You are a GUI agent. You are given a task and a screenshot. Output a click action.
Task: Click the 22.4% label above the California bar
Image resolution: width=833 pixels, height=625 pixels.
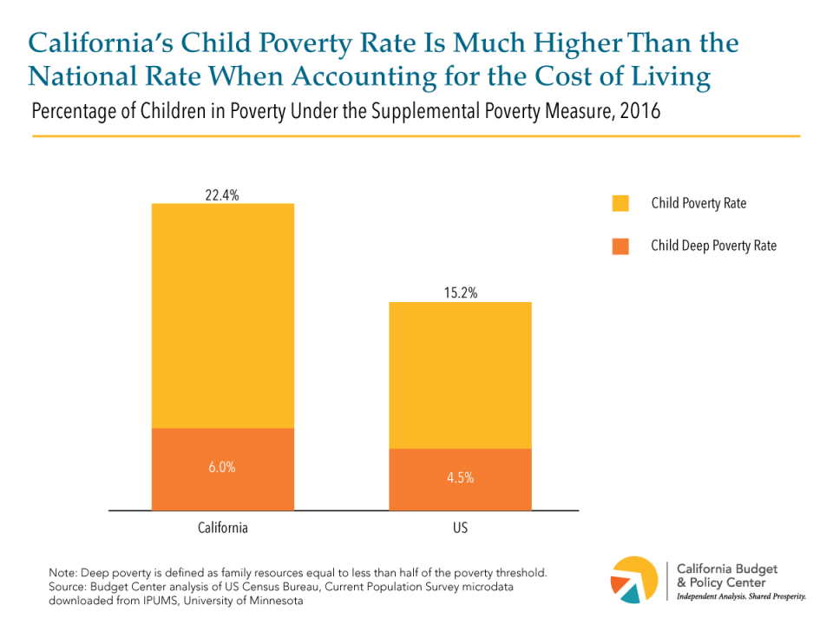[x=223, y=195]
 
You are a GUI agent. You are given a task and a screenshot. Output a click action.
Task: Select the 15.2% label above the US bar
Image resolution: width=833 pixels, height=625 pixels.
[x=460, y=293]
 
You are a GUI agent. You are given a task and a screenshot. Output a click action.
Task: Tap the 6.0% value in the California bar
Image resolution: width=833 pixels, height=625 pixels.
[x=223, y=467]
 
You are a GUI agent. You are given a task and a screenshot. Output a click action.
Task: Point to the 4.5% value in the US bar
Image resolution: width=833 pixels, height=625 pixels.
[x=460, y=477]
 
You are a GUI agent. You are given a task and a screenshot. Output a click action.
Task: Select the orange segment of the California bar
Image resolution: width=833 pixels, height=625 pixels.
[x=223, y=486]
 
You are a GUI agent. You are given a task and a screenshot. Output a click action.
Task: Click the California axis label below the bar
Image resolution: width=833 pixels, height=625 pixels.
[x=223, y=528]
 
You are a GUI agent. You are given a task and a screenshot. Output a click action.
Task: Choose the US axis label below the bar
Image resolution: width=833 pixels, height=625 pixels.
[x=460, y=528]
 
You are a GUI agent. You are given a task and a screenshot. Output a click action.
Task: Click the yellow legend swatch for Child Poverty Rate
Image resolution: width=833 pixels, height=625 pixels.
[x=620, y=203]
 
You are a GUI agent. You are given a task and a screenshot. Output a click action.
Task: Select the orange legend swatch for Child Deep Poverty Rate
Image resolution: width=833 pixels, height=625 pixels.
[x=620, y=246]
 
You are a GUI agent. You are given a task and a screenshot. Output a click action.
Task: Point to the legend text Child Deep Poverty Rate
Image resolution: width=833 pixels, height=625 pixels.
[x=713, y=246]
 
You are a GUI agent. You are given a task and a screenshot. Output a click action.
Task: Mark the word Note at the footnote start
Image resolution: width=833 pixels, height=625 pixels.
[x=62, y=575]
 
